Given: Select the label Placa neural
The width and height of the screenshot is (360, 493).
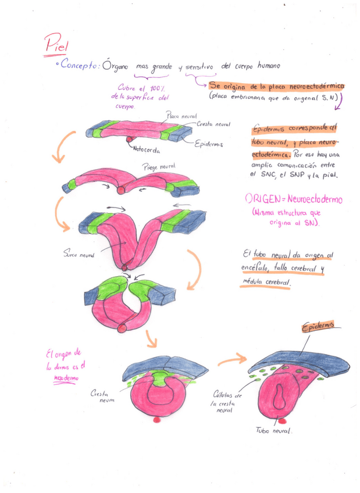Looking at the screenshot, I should tap(181, 116).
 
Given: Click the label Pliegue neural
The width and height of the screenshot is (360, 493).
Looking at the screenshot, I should tap(158, 167).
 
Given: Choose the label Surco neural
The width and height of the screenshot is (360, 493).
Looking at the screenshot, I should tap(79, 253).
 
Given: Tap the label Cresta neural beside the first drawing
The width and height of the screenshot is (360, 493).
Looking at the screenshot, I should tap(213, 124).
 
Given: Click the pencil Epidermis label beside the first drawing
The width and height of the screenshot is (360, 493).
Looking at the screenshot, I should tap(209, 143).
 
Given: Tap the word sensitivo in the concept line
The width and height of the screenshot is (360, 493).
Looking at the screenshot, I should tap(200, 67).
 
